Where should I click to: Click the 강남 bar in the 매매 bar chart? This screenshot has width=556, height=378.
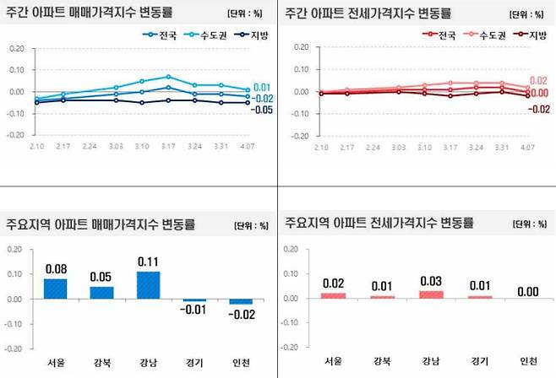point(148,284)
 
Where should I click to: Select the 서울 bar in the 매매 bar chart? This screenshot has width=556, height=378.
point(55,288)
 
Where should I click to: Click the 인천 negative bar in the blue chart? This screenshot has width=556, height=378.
point(241,301)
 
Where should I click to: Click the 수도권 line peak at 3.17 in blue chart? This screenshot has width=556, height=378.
point(168,77)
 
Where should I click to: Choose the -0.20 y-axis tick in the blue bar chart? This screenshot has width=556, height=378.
point(14,348)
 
